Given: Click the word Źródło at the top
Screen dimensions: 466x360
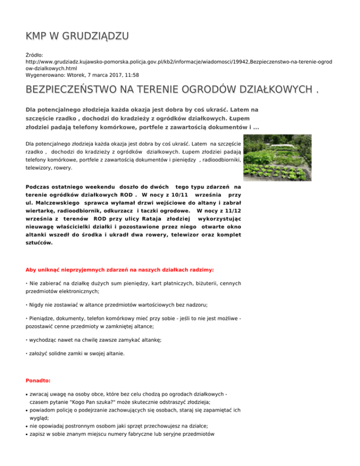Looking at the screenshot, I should [35, 55].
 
